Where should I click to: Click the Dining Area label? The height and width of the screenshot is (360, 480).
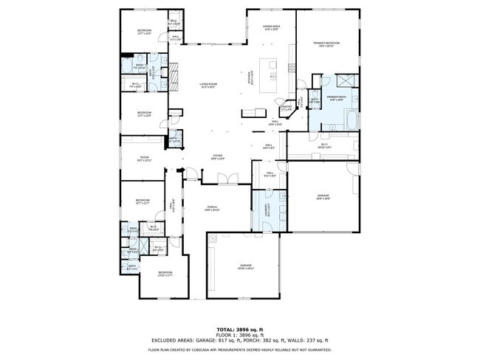[x=271, y=27]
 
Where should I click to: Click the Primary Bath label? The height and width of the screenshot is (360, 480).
[x=337, y=98]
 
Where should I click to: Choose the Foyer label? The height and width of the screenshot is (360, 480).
[x=218, y=156]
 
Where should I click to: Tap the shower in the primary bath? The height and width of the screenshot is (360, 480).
[x=344, y=81]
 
